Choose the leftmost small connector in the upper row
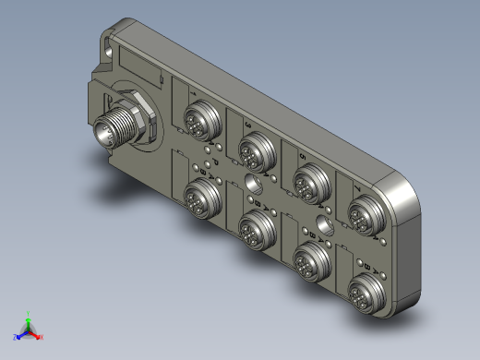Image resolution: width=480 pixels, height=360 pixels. (x=198, y=118)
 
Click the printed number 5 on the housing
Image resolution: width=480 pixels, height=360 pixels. (x=302, y=142)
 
